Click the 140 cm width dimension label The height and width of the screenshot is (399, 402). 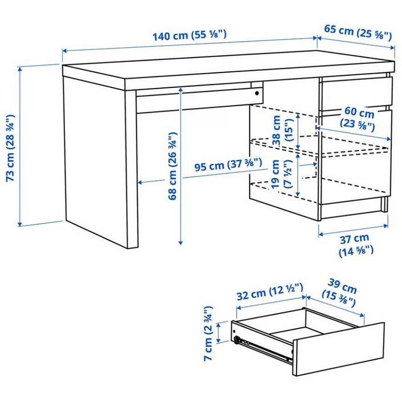pyautogui.click(x=189, y=35)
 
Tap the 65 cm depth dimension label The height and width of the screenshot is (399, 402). pyautogui.click(x=358, y=32)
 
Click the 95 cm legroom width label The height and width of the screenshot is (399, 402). pyautogui.click(x=228, y=166)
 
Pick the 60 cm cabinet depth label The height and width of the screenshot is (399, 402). pyautogui.click(x=358, y=118)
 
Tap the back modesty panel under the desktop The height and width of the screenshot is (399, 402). pyautogui.click(x=194, y=97)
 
